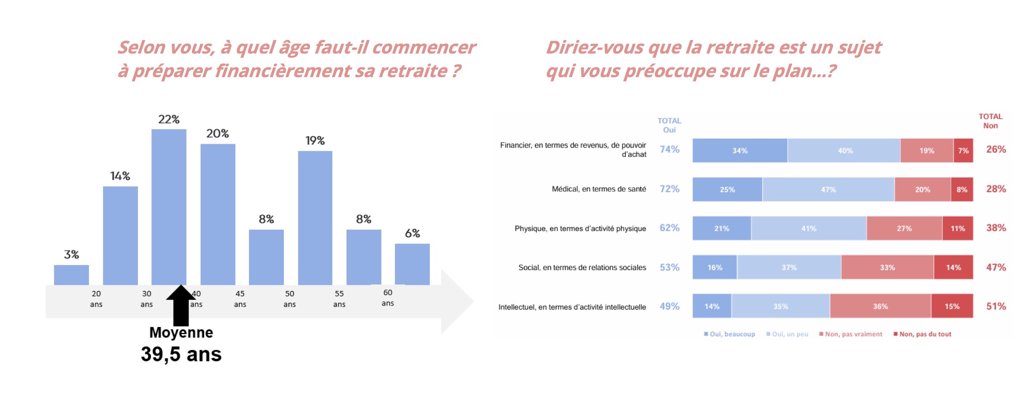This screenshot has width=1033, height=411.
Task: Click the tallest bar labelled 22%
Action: point(169,207)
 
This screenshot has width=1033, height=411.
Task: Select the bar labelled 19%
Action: point(315,218)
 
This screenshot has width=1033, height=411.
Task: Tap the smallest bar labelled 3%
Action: point(71,275)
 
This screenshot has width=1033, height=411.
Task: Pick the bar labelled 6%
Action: point(412,264)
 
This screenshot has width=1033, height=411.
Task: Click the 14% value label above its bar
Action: point(120,176)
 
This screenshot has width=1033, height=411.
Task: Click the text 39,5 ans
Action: point(181,354)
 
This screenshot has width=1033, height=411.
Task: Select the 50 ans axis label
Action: point(289,298)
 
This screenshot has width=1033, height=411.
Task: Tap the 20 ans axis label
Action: point(96,298)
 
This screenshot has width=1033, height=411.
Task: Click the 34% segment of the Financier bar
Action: point(740,150)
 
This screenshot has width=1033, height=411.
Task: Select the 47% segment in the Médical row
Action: point(828,190)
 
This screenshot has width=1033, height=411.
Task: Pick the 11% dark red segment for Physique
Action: point(957,228)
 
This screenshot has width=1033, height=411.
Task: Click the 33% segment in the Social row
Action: point(887,267)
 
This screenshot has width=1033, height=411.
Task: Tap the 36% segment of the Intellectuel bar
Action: point(880,306)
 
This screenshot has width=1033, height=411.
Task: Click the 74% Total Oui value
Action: point(669,149)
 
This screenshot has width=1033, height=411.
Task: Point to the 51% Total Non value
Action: point(996,306)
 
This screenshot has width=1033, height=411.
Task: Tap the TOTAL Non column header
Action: point(990,121)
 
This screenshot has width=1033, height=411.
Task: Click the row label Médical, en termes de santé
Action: point(599,189)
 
